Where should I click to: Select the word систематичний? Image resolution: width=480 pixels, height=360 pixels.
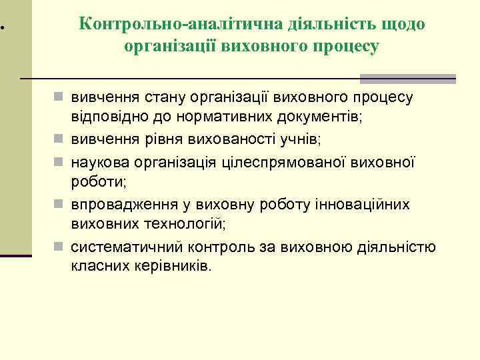coord(121,248)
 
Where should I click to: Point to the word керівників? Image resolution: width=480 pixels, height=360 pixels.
coord(169,266)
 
